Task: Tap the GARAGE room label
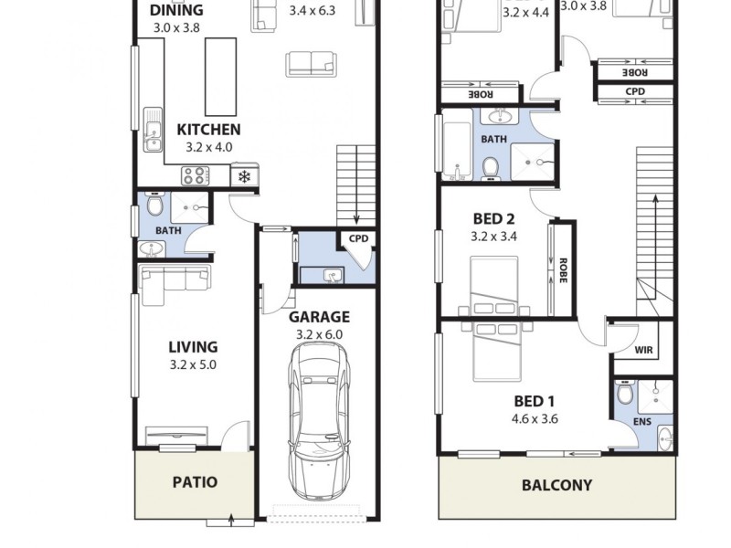coord(319,317)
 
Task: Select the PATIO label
coord(195,481)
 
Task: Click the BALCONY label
coord(556,485)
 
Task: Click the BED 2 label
coord(493,218)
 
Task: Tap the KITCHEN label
coord(208,130)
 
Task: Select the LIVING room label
coord(193,346)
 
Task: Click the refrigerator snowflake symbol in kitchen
coord(245,176)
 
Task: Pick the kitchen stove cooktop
coord(196,175)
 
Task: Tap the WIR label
coord(643,350)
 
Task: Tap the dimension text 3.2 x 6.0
coord(319,334)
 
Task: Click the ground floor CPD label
coord(358,239)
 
